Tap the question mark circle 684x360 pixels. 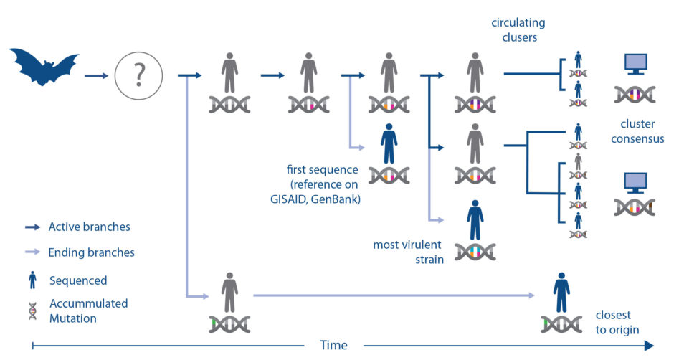click(x=138, y=74)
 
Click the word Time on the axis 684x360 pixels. click(x=333, y=345)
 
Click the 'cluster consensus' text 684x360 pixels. click(x=637, y=131)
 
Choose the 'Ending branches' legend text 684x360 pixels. click(x=91, y=252)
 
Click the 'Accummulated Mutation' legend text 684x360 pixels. click(x=88, y=311)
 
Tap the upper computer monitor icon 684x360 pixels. click(x=635, y=65)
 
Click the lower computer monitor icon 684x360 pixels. click(x=635, y=182)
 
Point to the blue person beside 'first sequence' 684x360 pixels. click(x=389, y=143)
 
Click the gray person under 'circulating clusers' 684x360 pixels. click(x=474, y=72)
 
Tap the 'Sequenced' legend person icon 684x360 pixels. click(x=32, y=280)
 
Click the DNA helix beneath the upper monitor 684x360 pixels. click(x=635, y=94)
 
